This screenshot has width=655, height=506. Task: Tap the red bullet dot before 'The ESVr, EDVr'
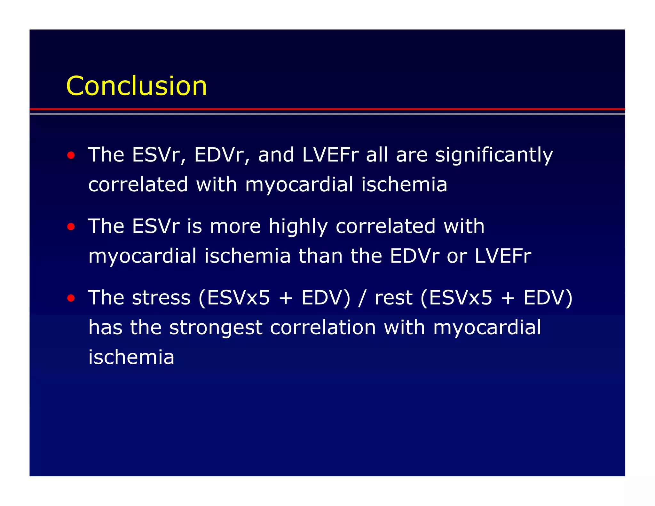click(x=71, y=155)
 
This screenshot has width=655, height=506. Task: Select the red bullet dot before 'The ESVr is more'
click(x=71, y=227)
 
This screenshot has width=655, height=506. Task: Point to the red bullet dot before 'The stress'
click(x=71, y=298)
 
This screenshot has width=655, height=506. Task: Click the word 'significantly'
click(x=494, y=155)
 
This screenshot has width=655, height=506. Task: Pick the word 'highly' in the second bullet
click(x=298, y=226)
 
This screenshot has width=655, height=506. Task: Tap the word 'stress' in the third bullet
click(x=161, y=298)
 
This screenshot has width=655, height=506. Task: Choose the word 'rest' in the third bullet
click(x=393, y=298)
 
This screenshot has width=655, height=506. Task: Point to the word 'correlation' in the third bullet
click(x=323, y=328)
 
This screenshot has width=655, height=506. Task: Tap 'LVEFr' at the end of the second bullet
click(x=503, y=256)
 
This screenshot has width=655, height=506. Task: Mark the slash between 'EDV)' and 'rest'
click(x=362, y=298)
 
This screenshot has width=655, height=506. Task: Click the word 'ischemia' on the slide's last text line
click(x=131, y=357)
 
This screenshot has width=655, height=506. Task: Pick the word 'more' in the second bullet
click(x=235, y=226)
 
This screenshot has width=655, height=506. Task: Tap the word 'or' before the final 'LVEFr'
click(x=457, y=256)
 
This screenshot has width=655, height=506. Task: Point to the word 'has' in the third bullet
click(x=106, y=328)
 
